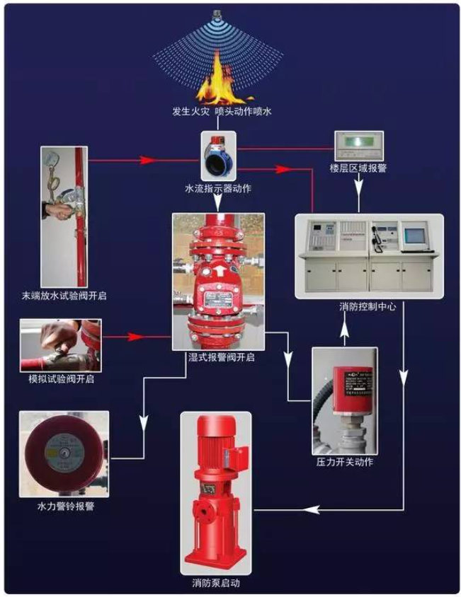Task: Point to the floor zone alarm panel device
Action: click(x=358, y=145)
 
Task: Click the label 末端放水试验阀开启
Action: click(x=64, y=294)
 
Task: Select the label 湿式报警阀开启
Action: click(x=218, y=358)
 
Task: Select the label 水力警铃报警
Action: click(x=64, y=507)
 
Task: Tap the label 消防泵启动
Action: click(x=216, y=584)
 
